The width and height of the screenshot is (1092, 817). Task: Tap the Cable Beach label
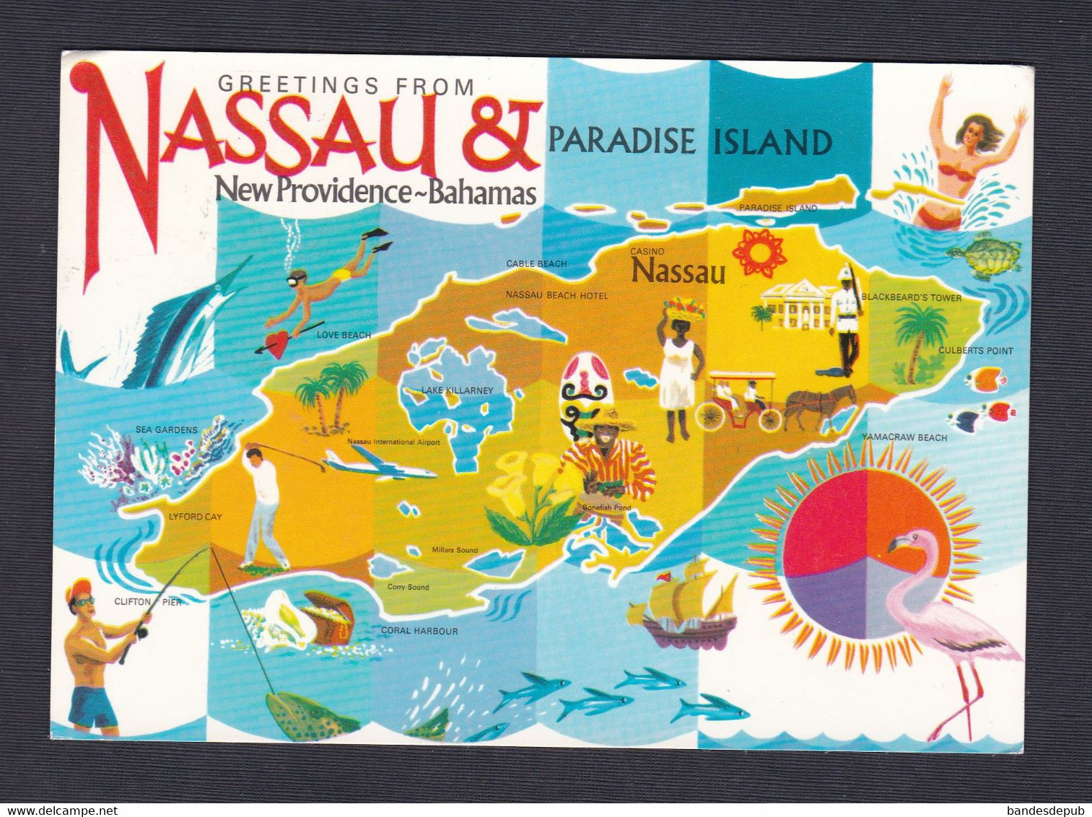point(536,263)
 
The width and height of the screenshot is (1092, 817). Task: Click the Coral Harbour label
point(419,631)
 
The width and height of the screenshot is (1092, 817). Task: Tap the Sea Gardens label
point(166,429)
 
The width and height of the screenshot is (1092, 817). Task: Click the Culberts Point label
point(976,351)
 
